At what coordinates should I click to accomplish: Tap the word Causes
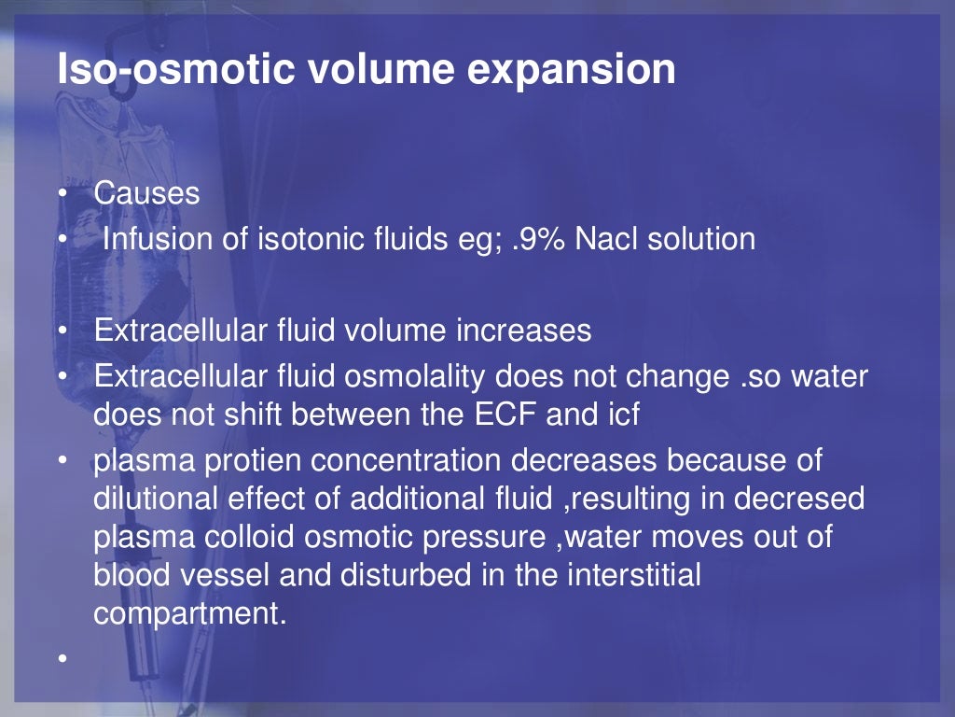pos(146,193)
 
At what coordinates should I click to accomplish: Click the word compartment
pos(187,613)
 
